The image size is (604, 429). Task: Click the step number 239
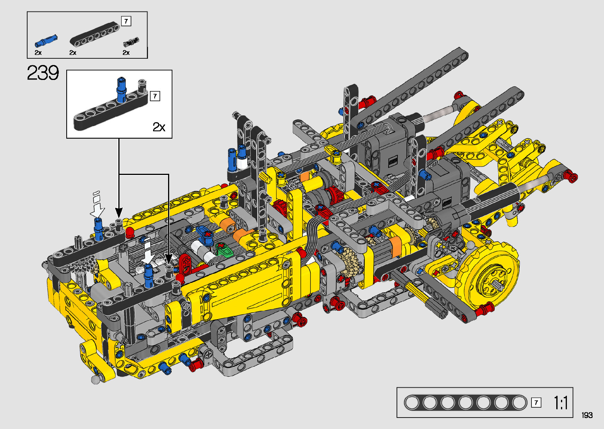click(x=43, y=73)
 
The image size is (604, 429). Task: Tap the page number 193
click(x=587, y=415)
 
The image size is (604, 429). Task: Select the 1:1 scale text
click(x=561, y=403)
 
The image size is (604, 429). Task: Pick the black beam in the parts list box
click(x=95, y=33)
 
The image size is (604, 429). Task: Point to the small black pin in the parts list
click(x=131, y=42)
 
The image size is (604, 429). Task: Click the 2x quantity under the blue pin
click(x=38, y=52)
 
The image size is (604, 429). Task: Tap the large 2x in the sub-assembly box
click(x=159, y=126)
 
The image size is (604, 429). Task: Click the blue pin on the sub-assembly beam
click(x=122, y=89)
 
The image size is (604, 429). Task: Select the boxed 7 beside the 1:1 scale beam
click(x=536, y=403)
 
